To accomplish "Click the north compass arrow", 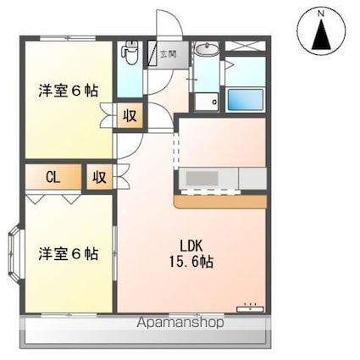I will [x=320, y=36].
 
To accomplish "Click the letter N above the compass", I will [x=320, y=12].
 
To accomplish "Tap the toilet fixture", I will [x=130, y=54].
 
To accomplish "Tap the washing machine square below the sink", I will [x=203, y=101].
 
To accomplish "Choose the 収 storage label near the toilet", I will [x=130, y=114].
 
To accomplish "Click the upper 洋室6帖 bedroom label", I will [x=66, y=90].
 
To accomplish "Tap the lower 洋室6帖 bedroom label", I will [x=66, y=253].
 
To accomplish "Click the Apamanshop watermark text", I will [x=180, y=323].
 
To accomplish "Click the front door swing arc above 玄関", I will [x=163, y=23].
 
